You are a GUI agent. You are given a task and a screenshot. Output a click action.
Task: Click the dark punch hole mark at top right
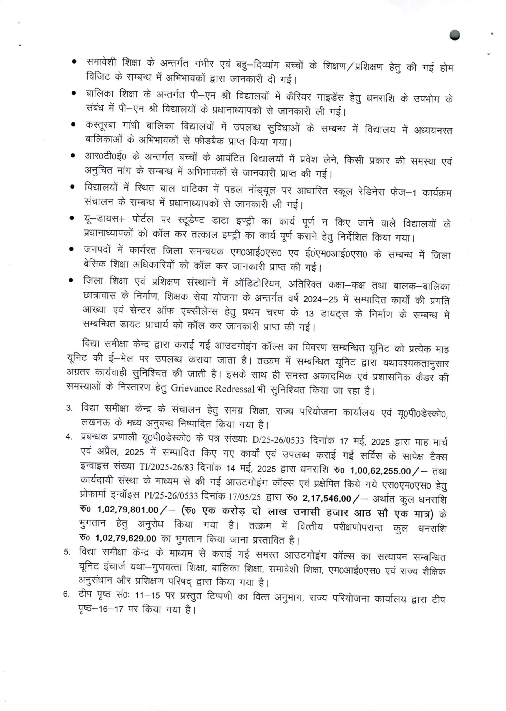tap(455, 35)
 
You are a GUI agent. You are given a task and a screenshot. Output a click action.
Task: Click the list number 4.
tap(68, 437)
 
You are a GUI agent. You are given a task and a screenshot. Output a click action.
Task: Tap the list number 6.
tap(66, 594)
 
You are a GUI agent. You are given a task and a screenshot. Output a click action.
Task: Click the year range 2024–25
tap(320, 300)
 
